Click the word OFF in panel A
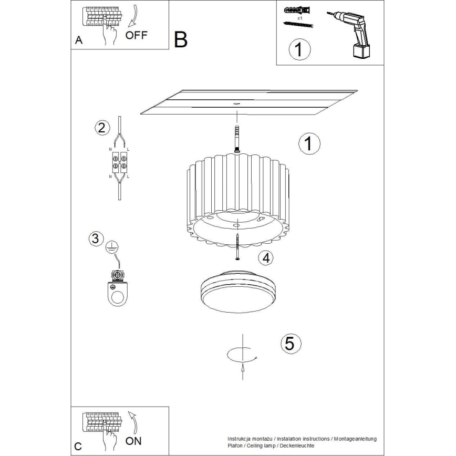coord(137,36)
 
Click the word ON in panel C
coord(134,441)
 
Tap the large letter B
coord(180,40)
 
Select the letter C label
coord(78,447)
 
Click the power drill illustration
coord(353,33)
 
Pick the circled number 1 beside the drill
coord(300,49)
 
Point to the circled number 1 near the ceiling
coord(309,143)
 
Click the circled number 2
coord(101,127)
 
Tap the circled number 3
coord(95,239)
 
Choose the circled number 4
coord(266,257)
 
